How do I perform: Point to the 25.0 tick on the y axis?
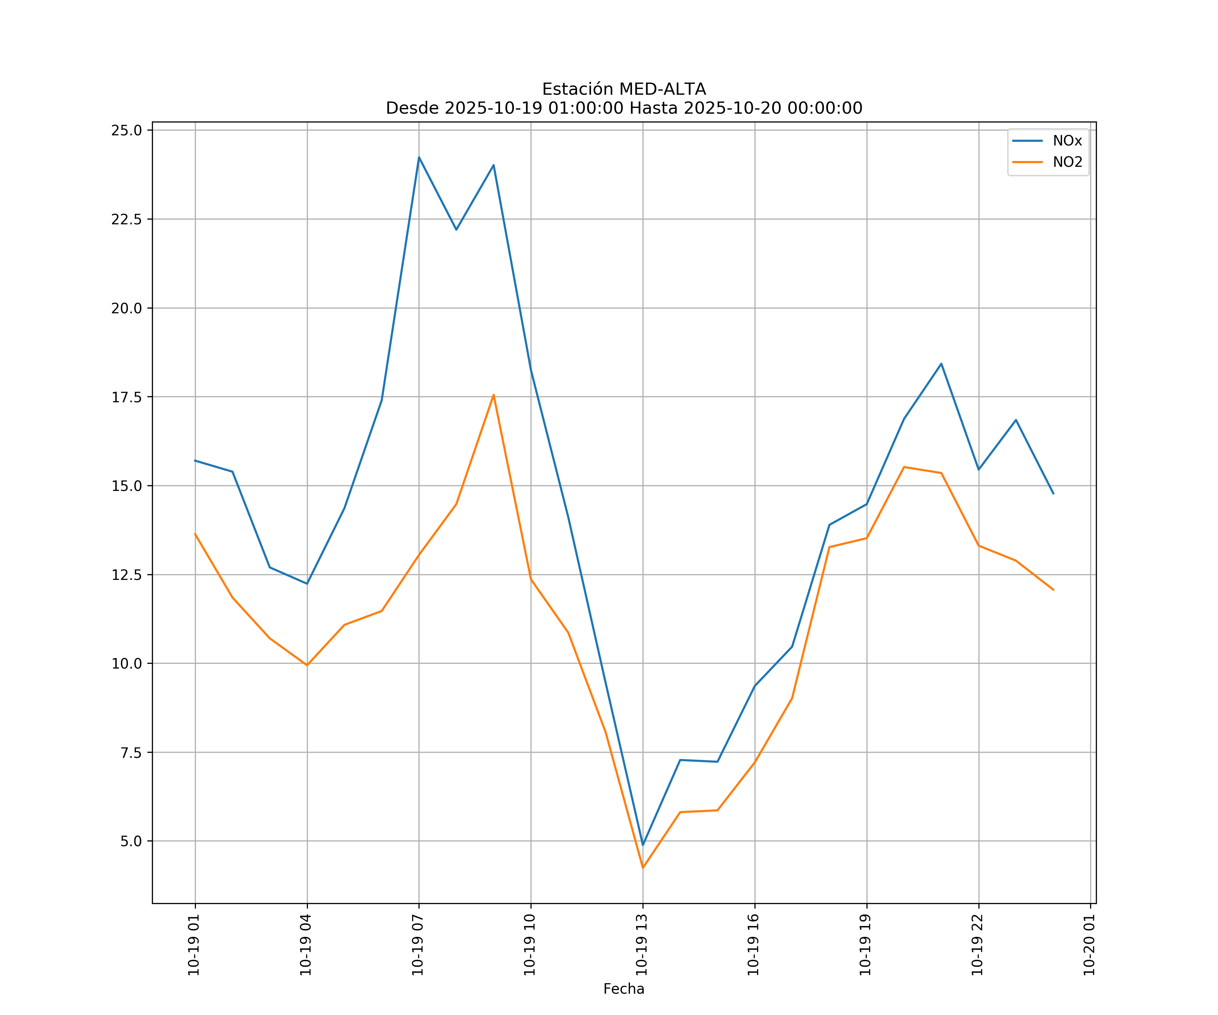point(127,130)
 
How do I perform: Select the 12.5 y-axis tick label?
point(127,575)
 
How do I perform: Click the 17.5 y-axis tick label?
point(127,397)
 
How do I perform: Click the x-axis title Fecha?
point(624,989)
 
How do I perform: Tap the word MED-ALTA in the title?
point(662,89)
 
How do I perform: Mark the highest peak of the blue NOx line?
point(419,157)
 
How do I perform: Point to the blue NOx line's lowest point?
point(642,845)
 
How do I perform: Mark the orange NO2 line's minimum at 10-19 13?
point(642,868)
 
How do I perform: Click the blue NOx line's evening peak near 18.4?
point(941,364)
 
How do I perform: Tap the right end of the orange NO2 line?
point(1053,590)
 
